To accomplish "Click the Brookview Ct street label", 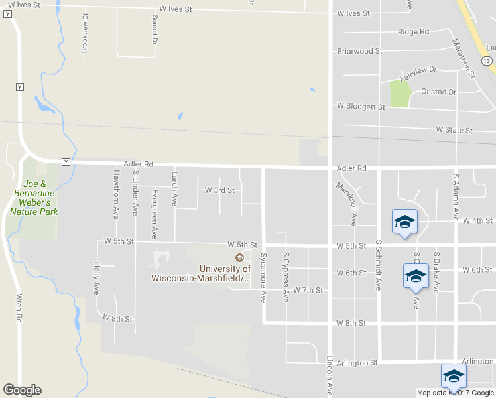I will pos(84,33).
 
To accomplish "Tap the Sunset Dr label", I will pos(155,29).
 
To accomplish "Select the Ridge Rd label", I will pos(413,31).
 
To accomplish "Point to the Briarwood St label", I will pos(359,51).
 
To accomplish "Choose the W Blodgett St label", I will pos(361,105).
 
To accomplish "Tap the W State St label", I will pos(454,130).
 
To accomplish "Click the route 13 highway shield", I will pos(487,60).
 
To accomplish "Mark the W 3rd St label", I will pos(219,190).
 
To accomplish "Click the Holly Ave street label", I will pos(97,279).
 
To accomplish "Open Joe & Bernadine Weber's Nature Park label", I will pos(34,198).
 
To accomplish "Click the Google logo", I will pos(22,390).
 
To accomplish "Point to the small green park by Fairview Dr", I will pos(400,93).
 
